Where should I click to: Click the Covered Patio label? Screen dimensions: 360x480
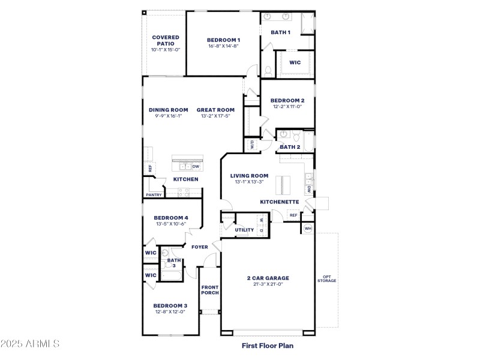pos(165,40)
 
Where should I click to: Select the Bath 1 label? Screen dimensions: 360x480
pos(280,32)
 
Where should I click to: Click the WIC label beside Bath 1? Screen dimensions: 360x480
pos(295,62)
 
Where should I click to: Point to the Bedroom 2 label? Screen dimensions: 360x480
pos(287,101)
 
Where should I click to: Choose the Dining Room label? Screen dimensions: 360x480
pos(169,110)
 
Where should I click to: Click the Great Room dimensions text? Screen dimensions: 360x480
pos(215,116)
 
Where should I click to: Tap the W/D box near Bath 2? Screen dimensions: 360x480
pos(251,145)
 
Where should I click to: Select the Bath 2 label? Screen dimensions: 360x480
pos(290,147)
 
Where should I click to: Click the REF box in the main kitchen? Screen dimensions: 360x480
pos(149,169)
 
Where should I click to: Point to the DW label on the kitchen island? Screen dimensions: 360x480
pos(196,167)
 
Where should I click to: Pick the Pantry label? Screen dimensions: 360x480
pos(154,194)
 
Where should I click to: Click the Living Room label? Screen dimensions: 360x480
pos(249,176)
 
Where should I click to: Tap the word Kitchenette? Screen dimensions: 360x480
pos(279,202)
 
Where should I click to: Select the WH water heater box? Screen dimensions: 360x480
pos(308,229)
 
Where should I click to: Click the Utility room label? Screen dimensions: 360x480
pos(244,230)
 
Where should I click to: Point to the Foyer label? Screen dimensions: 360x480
pos(200,247)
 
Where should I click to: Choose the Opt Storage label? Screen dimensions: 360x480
pos(327,279)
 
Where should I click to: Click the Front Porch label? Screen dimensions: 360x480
pos(210,290)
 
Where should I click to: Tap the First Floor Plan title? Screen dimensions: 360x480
pos(268,346)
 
